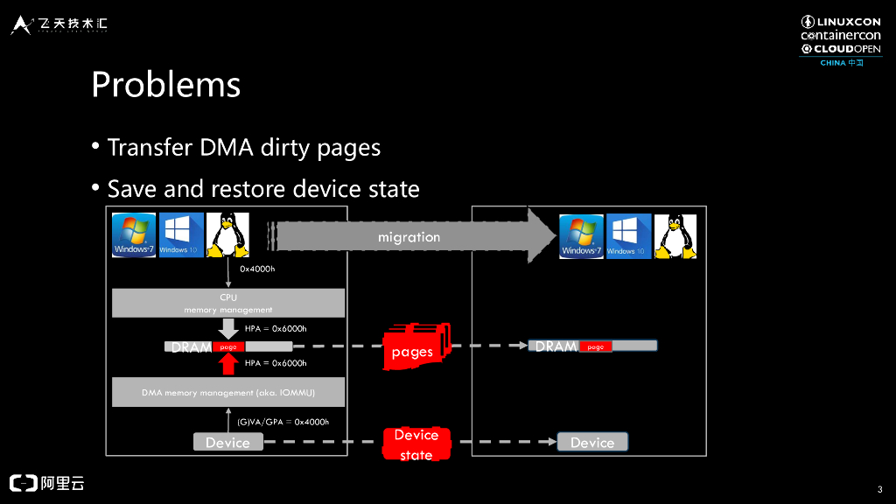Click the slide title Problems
click(165, 85)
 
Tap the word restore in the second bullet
click(254, 188)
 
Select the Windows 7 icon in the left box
click(134, 235)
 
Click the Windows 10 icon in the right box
click(628, 235)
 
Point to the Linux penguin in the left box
click(227, 235)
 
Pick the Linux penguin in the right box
click(675, 235)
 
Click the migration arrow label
click(409, 237)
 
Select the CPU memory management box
click(227, 303)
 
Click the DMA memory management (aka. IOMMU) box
click(227, 392)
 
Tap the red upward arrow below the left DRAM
click(228, 362)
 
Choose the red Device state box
click(416, 444)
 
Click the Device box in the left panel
click(227, 443)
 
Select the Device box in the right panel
click(592, 443)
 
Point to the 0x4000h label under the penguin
click(257, 269)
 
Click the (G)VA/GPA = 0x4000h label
click(283, 422)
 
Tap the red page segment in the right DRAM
click(595, 346)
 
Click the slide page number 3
click(878, 488)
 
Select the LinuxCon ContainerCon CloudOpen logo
click(841, 40)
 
